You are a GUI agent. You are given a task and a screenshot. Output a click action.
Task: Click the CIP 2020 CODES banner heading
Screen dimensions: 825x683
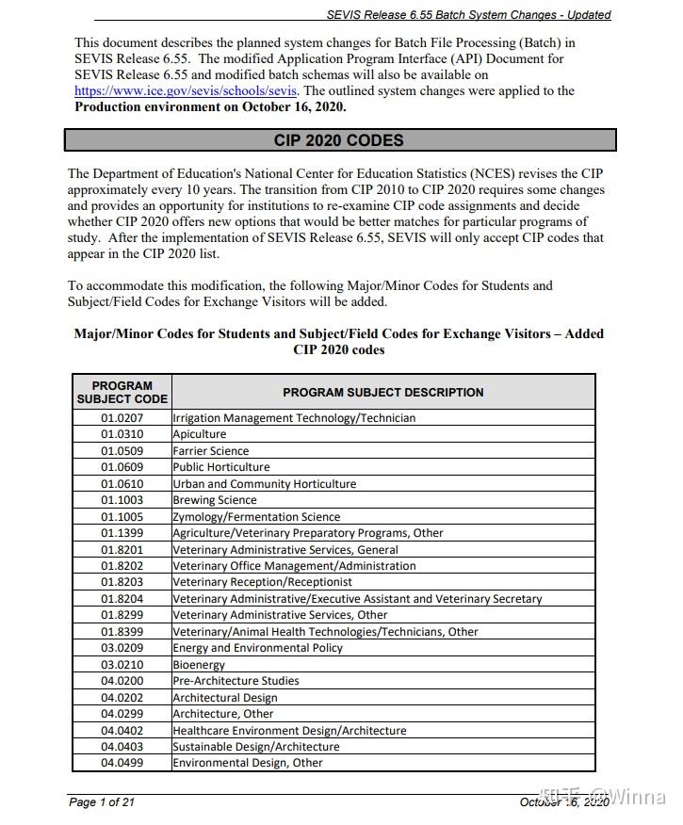pyautogui.click(x=339, y=140)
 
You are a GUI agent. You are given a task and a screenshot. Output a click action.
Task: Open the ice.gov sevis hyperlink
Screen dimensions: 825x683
pyautogui.click(x=186, y=91)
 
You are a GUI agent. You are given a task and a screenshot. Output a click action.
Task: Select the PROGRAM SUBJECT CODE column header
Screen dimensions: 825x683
pyautogui.click(x=122, y=392)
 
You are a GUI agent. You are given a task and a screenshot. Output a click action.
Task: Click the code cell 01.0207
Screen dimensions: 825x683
pyautogui.click(x=122, y=418)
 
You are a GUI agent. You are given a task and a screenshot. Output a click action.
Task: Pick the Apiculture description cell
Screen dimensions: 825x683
pyautogui.click(x=200, y=434)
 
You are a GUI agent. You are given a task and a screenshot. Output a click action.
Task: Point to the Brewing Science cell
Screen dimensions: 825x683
pyautogui.click(x=215, y=500)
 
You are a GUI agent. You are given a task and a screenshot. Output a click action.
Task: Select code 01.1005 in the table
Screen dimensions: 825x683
pyautogui.click(x=122, y=516)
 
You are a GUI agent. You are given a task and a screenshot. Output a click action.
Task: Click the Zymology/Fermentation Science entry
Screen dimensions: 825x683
pyautogui.click(x=256, y=516)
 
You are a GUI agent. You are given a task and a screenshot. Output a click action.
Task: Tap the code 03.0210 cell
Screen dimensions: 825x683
pyautogui.click(x=122, y=664)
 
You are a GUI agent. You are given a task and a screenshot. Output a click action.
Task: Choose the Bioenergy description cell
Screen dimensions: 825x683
pyautogui.click(x=199, y=664)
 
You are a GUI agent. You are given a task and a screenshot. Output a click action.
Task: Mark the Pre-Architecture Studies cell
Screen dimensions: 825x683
pyautogui.click(x=236, y=681)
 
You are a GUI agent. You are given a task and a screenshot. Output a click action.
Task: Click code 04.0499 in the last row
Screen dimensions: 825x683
pyautogui.click(x=122, y=763)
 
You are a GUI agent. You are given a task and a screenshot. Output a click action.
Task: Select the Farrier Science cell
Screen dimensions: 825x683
pyautogui.click(x=211, y=451)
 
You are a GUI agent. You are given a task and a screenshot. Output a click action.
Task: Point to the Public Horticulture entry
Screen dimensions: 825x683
pyautogui.click(x=221, y=467)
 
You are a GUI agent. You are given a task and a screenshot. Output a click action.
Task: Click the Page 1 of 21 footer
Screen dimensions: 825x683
pyautogui.click(x=102, y=802)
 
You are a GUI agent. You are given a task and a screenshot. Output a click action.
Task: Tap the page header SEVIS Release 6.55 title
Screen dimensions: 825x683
pyautogui.click(x=468, y=15)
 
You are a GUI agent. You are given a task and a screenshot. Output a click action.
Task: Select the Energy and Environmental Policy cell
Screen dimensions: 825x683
pyautogui.click(x=258, y=648)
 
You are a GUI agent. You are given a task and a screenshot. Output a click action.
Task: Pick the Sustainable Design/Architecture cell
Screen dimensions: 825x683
pyautogui.click(x=256, y=747)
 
